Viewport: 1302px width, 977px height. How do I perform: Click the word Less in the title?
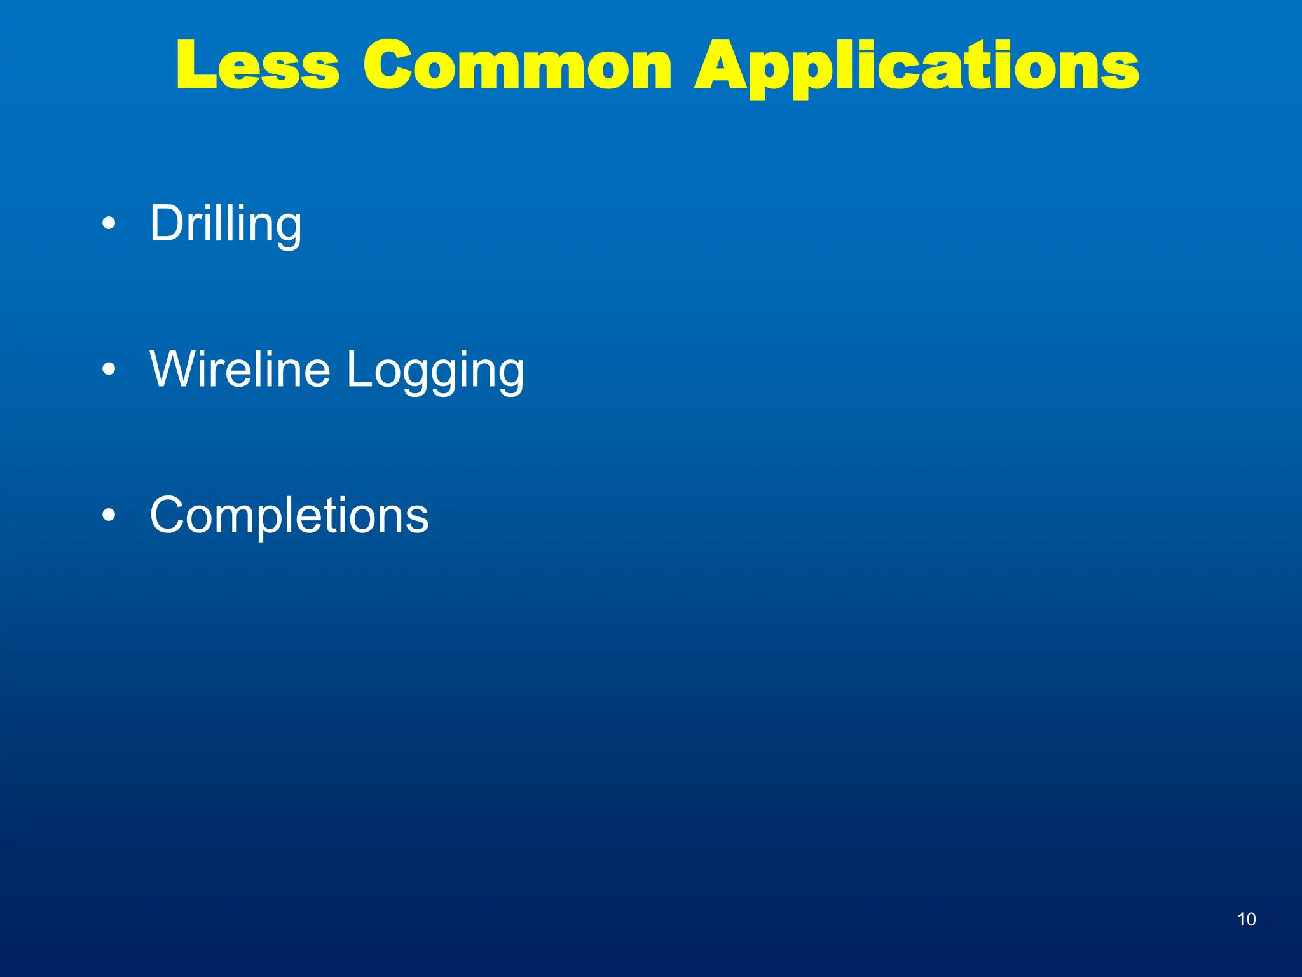tap(257, 66)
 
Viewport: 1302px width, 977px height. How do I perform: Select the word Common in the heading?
tap(517, 66)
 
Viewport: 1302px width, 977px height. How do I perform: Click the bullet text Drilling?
tap(226, 225)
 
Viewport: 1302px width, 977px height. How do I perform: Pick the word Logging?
tap(435, 371)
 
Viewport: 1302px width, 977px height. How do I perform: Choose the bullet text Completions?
tap(289, 515)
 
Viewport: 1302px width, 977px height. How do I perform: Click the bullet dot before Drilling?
tap(109, 224)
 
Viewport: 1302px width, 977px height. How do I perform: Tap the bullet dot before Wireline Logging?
tap(109, 370)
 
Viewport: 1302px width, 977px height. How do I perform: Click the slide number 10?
tap(1246, 919)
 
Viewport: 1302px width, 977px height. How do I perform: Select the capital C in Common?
tap(388, 66)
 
